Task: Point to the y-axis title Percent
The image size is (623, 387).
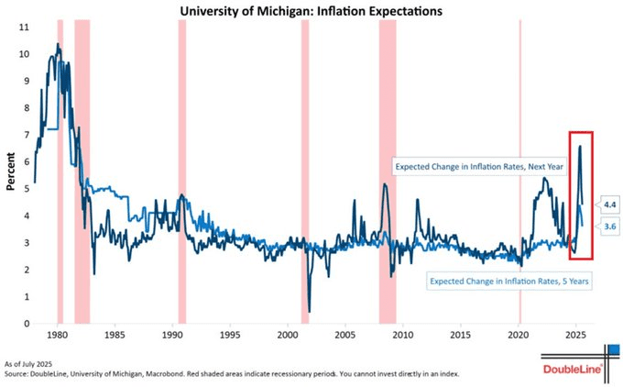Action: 12,174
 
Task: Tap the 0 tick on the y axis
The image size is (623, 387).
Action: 25,323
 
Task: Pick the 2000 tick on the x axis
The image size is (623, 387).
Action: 288,336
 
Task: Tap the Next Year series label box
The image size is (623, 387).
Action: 475,167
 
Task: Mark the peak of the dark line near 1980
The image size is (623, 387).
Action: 58,44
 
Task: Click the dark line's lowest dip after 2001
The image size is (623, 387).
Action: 309,311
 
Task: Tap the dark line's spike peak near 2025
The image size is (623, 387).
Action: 580,146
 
